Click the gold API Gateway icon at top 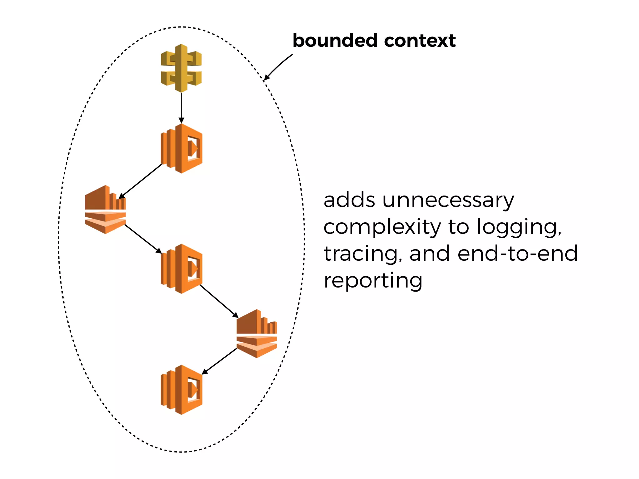(181, 68)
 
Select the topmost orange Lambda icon (182, 148)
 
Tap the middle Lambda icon (182, 269)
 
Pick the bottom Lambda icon (182, 390)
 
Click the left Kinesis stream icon (105, 210)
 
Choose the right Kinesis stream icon (257, 334)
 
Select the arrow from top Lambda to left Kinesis (140, 181)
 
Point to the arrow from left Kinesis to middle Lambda (143, 239)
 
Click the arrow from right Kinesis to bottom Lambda (219, 361)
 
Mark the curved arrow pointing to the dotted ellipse (278, 66)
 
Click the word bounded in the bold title (335, 41)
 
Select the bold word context (420, 41)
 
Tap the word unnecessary (448, 200)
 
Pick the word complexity (382, 227)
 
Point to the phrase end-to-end (518, 253)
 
